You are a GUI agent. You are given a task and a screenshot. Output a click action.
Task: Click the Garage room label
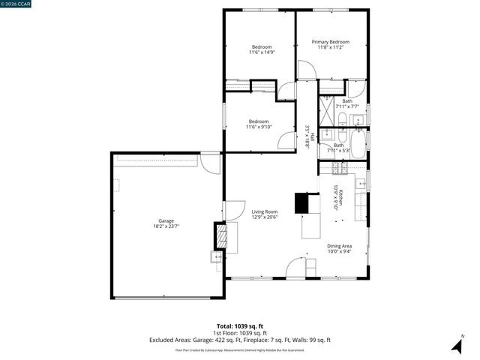pyautogui.click(x=166, y=220)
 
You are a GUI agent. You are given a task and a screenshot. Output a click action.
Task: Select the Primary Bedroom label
pyautogui.click(x=331, y=42)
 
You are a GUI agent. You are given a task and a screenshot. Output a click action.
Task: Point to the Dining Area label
pyautogui.click(x=339, y=246)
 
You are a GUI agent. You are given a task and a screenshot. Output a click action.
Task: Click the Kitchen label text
pyautogui.click(x=340, y=198)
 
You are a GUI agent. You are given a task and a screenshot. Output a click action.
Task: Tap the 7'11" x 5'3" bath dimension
pyautogui.click(x=339, y=151)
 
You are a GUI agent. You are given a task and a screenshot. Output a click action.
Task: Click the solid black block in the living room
pyautogui.click(x=301, y=202)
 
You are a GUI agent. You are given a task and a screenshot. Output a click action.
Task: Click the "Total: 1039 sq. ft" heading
pyautogui.click(x=240, y=326)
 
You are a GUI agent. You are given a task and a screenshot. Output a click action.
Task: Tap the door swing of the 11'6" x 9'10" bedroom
pyautogui.click(x=286, y=140)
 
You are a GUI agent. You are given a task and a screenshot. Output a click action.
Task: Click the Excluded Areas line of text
pyautogui.click(x=240, y=340)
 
